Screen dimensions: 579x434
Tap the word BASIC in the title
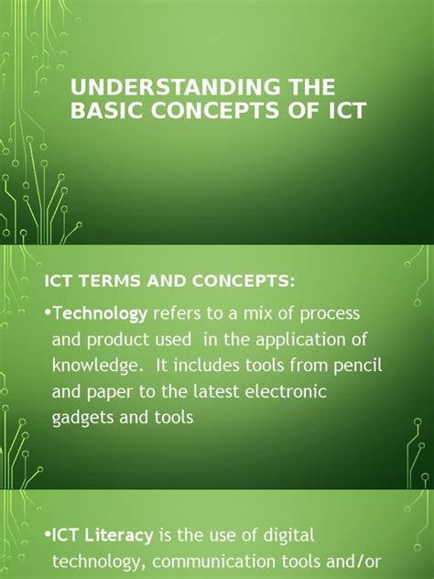click(104, 111)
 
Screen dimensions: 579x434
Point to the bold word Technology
click(100, 314)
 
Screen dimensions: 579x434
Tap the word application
click(306, 341)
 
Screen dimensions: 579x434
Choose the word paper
click(113, 392)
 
